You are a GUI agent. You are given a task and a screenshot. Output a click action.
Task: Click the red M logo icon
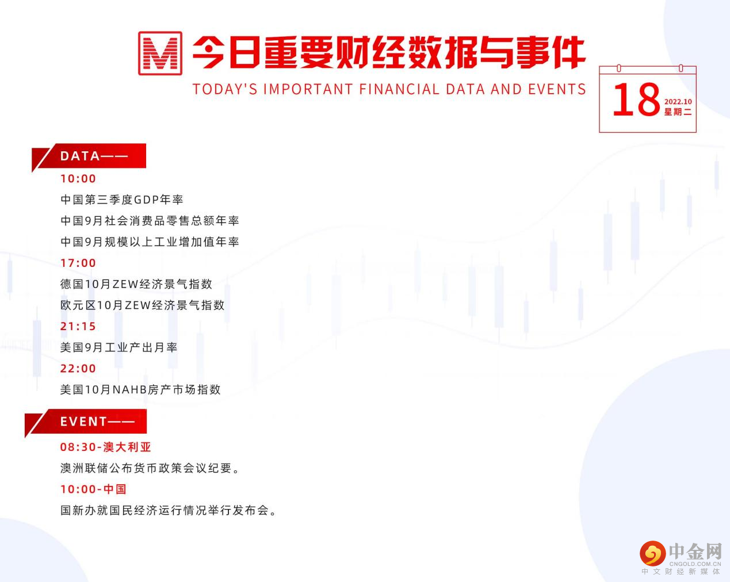pos(160,53)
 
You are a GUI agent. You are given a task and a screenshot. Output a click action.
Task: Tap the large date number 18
pos(636,100)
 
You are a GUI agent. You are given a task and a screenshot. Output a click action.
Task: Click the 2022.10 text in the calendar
pos(678,102)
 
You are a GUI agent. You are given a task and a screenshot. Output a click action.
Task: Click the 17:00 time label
pos(78,263)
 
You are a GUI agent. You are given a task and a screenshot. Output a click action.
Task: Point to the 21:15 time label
pos(78,326)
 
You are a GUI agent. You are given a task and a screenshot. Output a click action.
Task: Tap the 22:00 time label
pos(78,369)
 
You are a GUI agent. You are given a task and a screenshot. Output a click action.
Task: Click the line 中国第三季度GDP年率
pos(122,200)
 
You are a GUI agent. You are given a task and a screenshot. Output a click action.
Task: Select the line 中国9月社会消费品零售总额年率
pos(150,221)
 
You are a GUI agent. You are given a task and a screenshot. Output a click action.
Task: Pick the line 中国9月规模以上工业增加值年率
pos(150,242)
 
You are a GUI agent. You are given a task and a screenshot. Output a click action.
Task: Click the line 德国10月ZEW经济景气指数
pos(136,284)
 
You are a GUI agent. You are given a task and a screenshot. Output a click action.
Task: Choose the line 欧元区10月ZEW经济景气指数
pos(142,305)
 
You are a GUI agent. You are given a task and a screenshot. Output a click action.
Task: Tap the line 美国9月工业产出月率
pos(119,347)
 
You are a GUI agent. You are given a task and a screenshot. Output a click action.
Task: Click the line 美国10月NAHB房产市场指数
pos(140,390)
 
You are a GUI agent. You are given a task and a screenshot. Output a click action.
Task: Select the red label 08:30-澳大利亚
pos(106,447)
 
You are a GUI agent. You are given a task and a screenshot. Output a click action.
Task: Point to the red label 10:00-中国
pos(93,489)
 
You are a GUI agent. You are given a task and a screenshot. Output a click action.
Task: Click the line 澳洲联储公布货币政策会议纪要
pos(150,468)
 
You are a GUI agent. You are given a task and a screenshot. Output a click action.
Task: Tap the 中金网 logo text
pos(695,552)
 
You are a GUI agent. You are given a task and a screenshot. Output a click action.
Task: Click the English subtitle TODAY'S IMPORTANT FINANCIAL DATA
pos(389,89)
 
